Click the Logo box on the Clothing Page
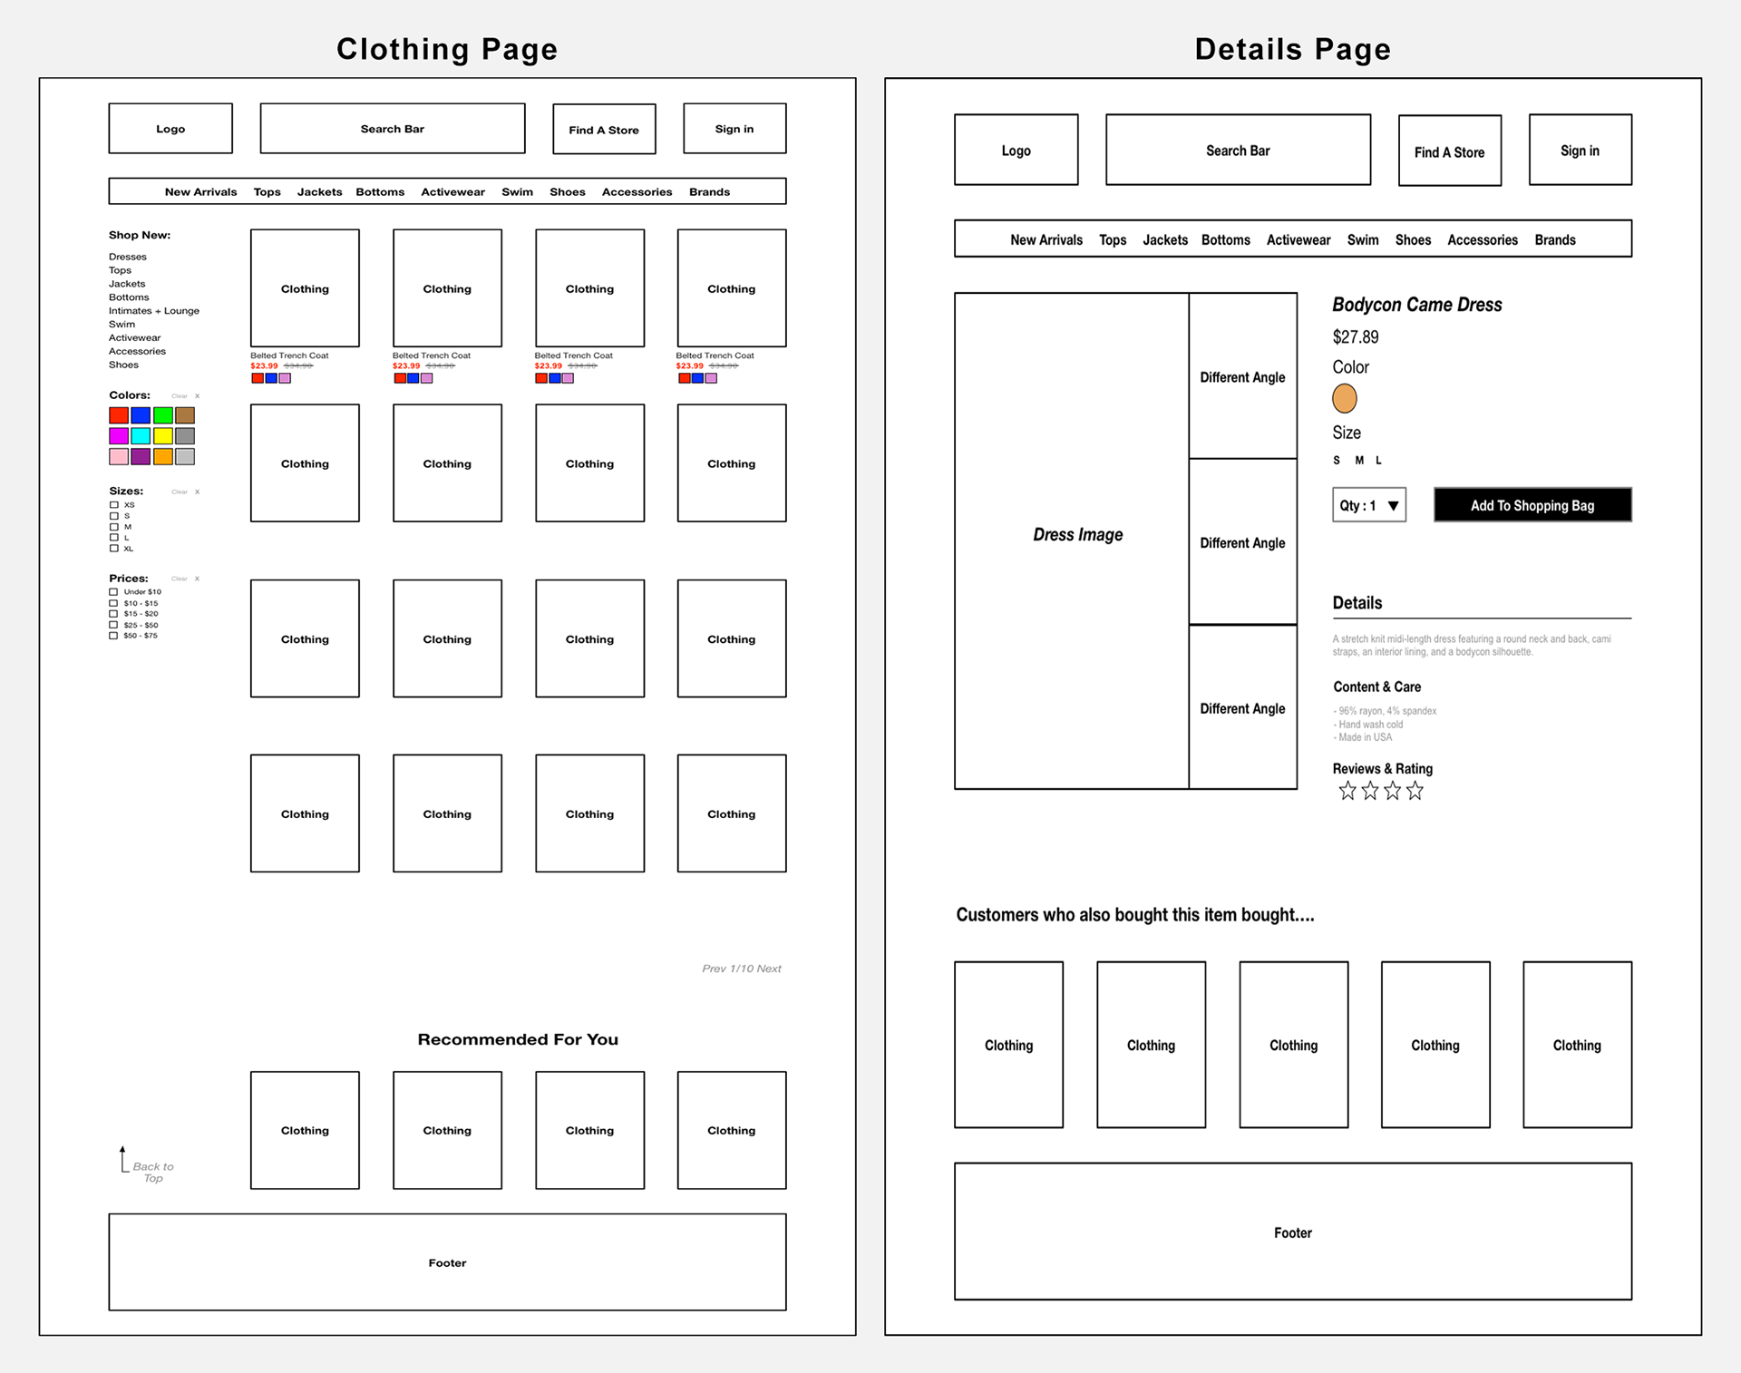pos(170,129)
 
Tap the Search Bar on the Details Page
pos(1238,151)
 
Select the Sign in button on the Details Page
pos(1580,151)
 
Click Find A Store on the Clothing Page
pos(604,130)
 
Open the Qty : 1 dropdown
pos(1369,505)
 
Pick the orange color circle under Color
pos(1344,398)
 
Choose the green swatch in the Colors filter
pos(163,415)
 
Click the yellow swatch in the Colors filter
pos(163,436)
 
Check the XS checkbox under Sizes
pos(114,505)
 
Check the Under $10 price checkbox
pos(114,592)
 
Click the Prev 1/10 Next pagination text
pos(741,969)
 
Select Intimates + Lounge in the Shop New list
pos(154,311)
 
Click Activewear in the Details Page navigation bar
pos(1298,240)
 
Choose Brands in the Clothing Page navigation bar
pos(709,192)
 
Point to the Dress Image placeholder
pos(1077,535)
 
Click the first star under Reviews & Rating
pos(1347,792)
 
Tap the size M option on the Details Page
pos(1359,461)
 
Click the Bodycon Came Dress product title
pos(1416,305)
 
